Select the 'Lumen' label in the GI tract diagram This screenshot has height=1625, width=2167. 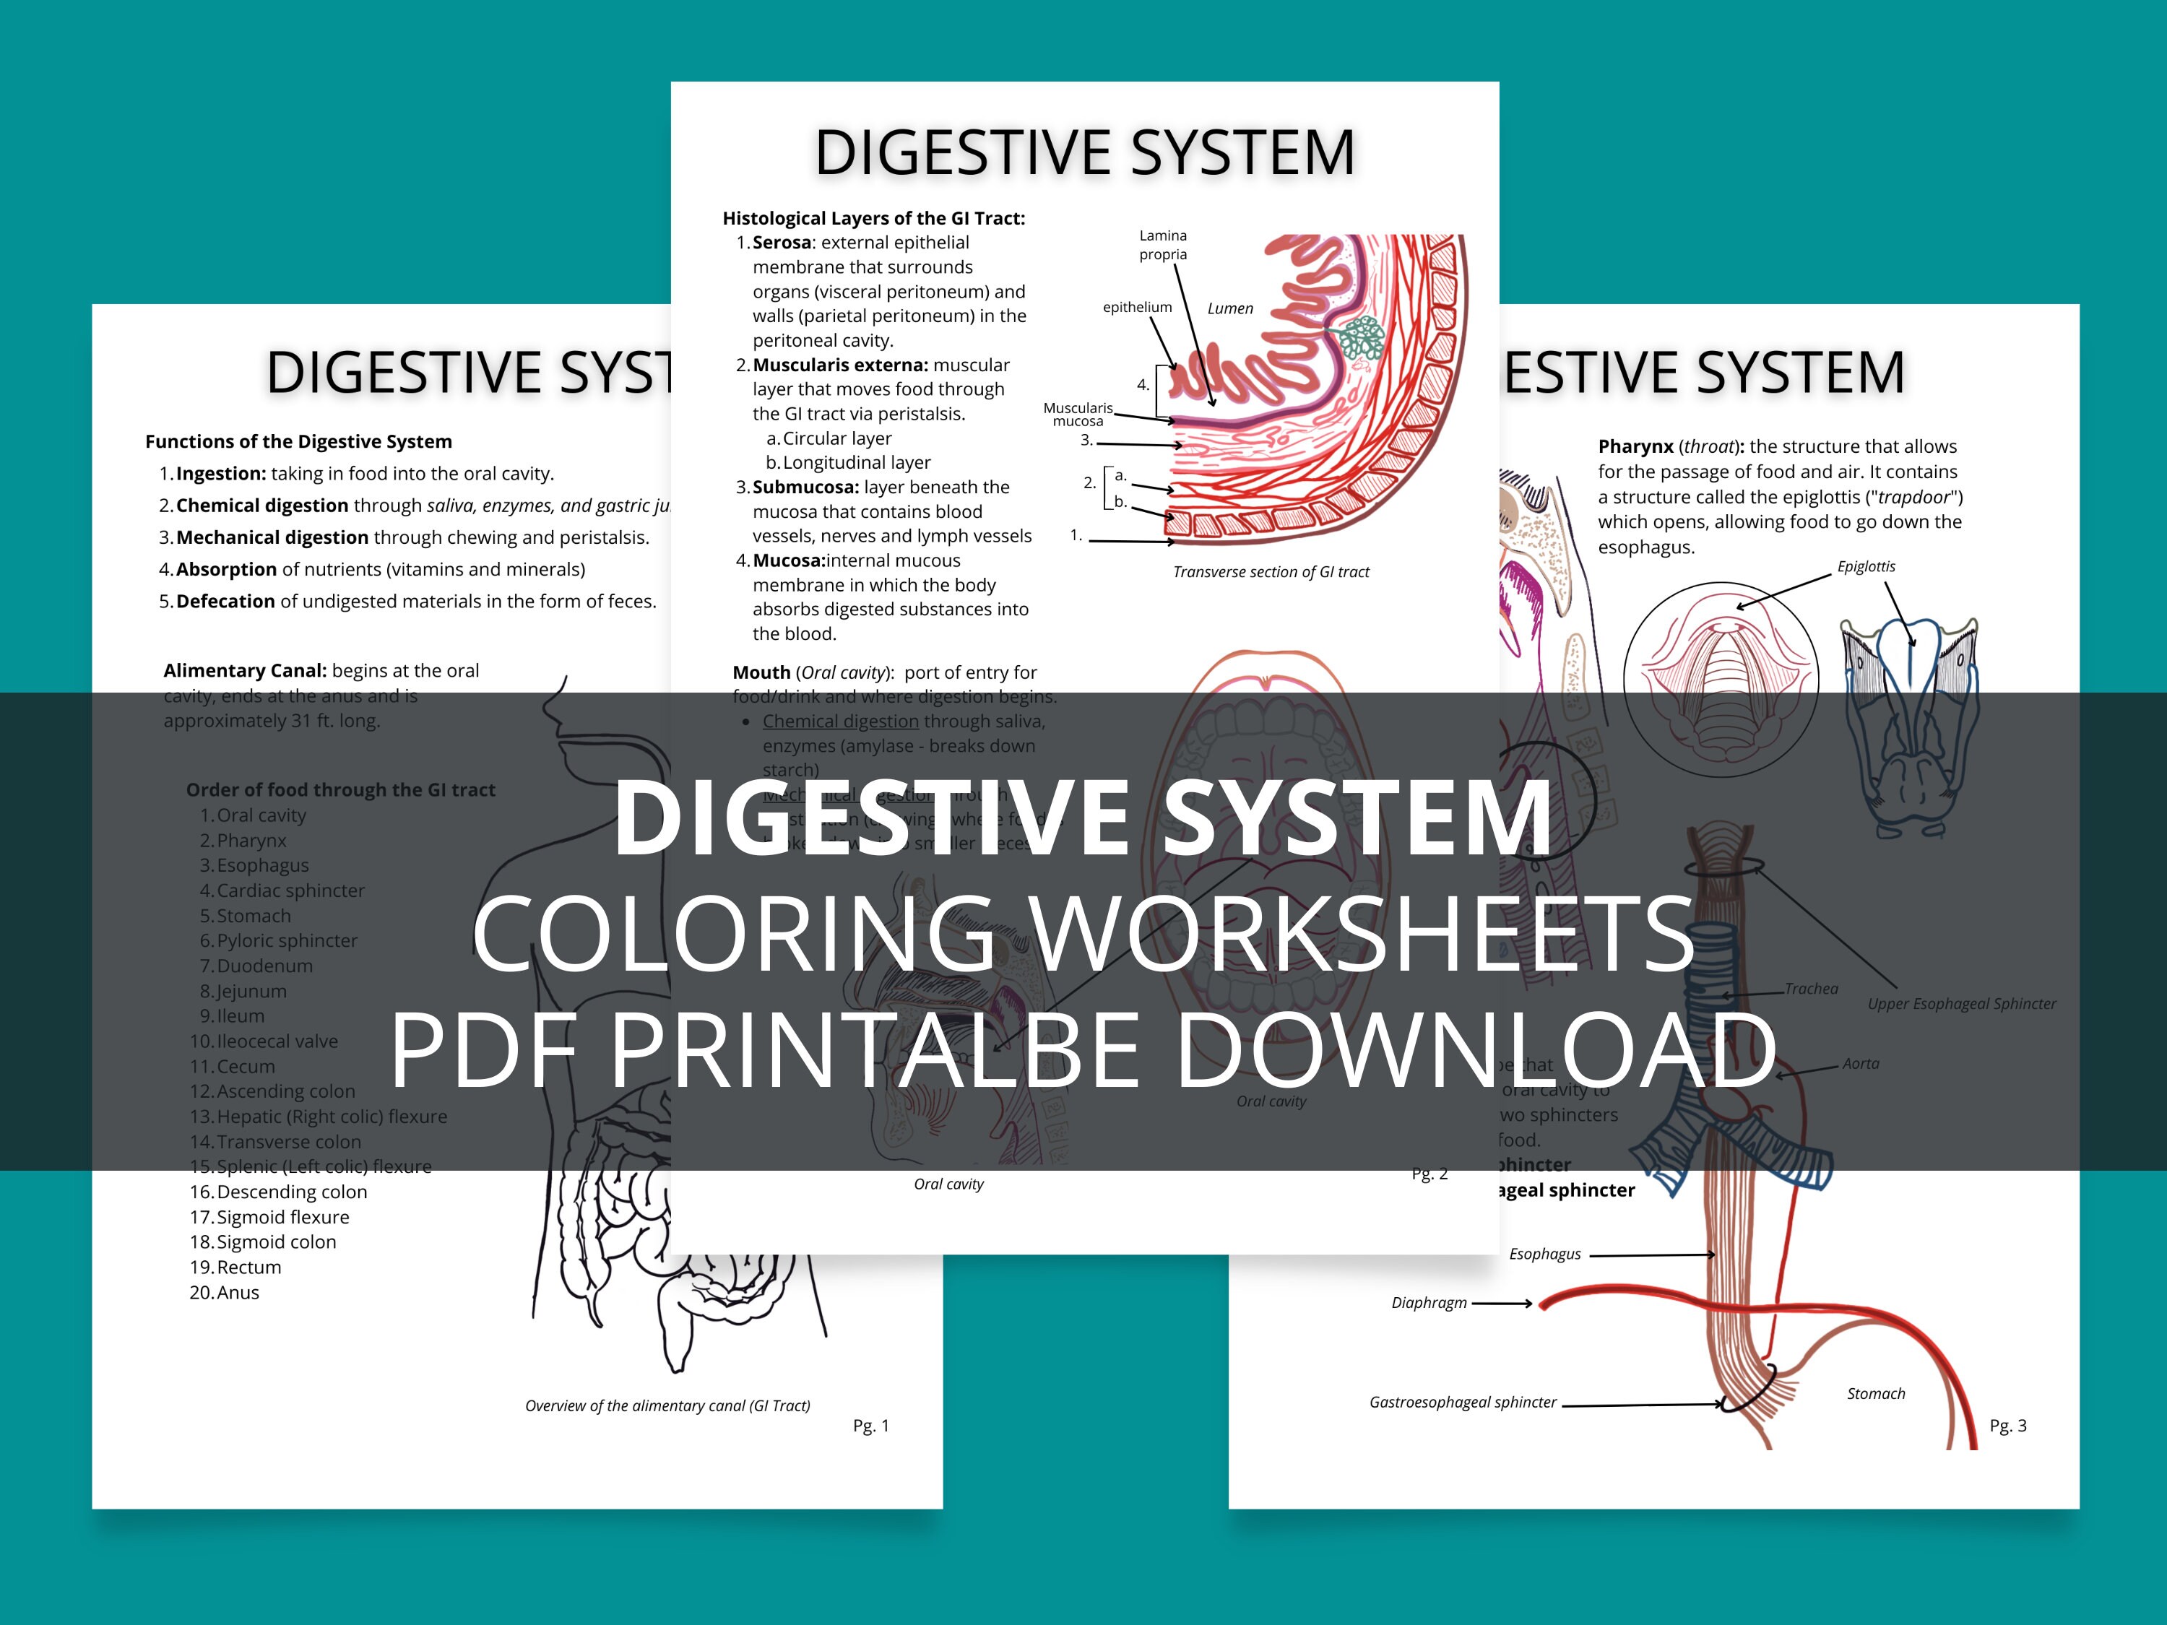coord(1229,308)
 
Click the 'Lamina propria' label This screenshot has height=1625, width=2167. coord(1163,245)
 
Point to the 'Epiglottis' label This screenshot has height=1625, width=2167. coord(1865,566)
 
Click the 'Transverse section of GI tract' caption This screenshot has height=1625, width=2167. coord(1271,572)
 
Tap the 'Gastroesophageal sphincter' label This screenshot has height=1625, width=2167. coord(1462,1402)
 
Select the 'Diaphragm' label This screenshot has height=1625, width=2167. coord(1428,1303)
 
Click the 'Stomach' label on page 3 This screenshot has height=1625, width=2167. coord(1875,1393)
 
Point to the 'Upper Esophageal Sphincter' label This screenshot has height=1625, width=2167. coord(1961,1003)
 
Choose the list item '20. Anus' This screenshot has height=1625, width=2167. coord(225,1292)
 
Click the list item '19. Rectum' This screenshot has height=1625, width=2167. coord(235,1267)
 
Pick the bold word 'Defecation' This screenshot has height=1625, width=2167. coord(225,602)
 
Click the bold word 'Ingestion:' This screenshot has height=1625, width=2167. coord(220,474)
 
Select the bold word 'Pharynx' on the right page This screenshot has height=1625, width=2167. coord(1635,446)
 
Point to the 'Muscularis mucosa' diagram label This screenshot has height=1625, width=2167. coord(1078,415)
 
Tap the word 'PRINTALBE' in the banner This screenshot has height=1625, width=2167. coord(875,1049)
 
